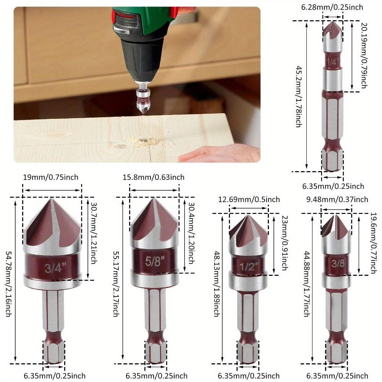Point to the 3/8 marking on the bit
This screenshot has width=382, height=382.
336,263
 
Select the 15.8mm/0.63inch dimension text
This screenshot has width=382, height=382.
154,177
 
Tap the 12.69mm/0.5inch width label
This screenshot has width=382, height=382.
249,199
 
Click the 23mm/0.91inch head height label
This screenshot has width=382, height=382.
284,243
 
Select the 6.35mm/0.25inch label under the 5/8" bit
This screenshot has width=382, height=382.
157,376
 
